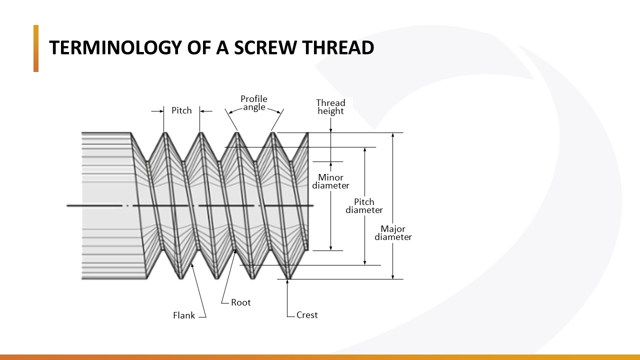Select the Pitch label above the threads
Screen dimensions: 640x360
[181, 110]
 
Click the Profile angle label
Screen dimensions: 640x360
[254, 103]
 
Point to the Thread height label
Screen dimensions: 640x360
[330, 107]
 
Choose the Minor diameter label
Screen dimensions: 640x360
[330, 181]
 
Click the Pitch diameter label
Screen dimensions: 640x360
[364, 206]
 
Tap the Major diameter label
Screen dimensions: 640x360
[393, 233]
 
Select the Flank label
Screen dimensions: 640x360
[184, 315]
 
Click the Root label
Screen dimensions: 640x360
[240, 302]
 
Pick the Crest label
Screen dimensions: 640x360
[307, 315]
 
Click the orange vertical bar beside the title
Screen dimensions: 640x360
[36, 48]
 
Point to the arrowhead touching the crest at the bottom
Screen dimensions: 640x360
[288, 282]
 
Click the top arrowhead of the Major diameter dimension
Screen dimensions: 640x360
[393, 135]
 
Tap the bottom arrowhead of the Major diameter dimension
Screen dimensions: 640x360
[393, 276]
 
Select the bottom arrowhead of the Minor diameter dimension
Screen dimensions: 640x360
[330, 247]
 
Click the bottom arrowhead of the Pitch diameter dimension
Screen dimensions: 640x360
[364, 262]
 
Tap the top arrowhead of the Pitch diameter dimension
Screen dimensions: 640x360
[364, 150]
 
